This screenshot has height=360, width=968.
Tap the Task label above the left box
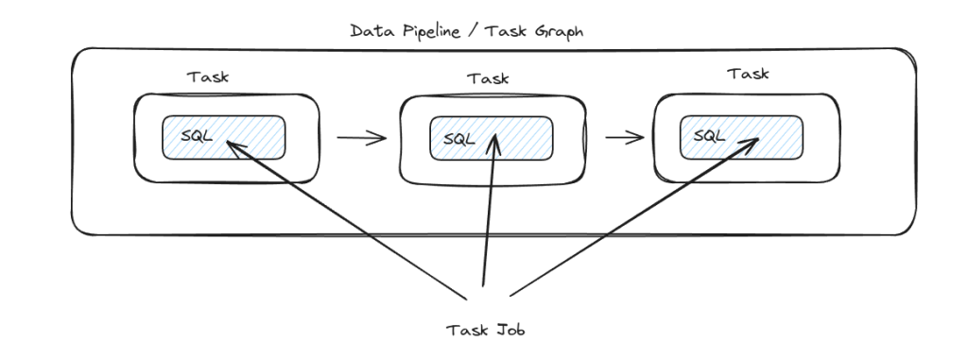(209, 77)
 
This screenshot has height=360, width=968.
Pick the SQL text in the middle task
(454, 138)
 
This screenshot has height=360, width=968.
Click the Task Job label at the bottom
(485, 330)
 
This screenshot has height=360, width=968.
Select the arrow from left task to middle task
(362, 139)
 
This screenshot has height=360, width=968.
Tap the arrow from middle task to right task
(625, 138)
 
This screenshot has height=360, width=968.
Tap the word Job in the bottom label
(508, 330)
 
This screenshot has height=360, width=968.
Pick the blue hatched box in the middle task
(525, 139)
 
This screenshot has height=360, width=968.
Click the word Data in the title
(371, 30)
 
